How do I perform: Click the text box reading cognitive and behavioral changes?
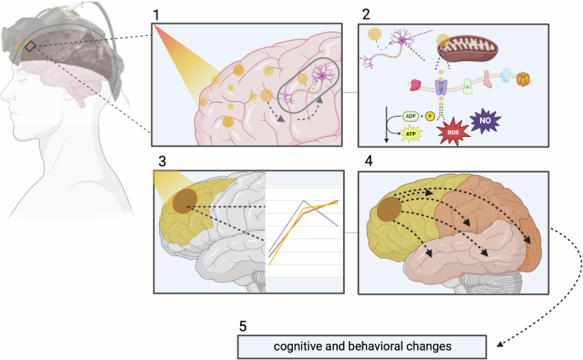pyautogui.click(x=363, y=346)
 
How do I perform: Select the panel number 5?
pyautogui.click(x=243, y=327)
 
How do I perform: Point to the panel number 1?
pyautogui.click(x=156, y=14)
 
